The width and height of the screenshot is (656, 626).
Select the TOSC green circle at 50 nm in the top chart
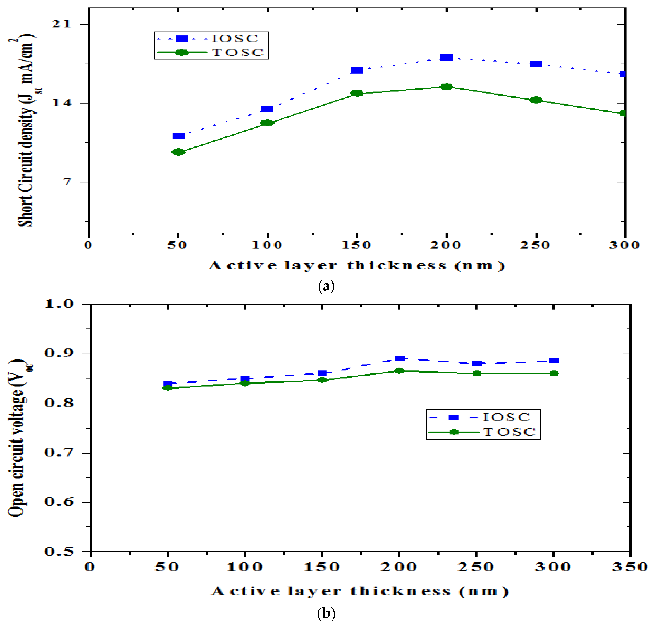[178, 152]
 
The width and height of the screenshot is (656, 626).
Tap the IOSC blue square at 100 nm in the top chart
[267, 109]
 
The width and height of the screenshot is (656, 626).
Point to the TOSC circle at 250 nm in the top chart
[536, 100]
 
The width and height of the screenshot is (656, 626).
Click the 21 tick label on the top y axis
[62, 24]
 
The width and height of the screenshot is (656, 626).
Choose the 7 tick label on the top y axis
[68, 182]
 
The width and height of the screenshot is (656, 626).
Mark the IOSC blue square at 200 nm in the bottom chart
[399, 358]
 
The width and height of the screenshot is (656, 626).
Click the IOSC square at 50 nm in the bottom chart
[168, 384]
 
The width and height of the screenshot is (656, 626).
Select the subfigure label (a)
[326, 286]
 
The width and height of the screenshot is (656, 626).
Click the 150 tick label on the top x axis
[356, 245]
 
